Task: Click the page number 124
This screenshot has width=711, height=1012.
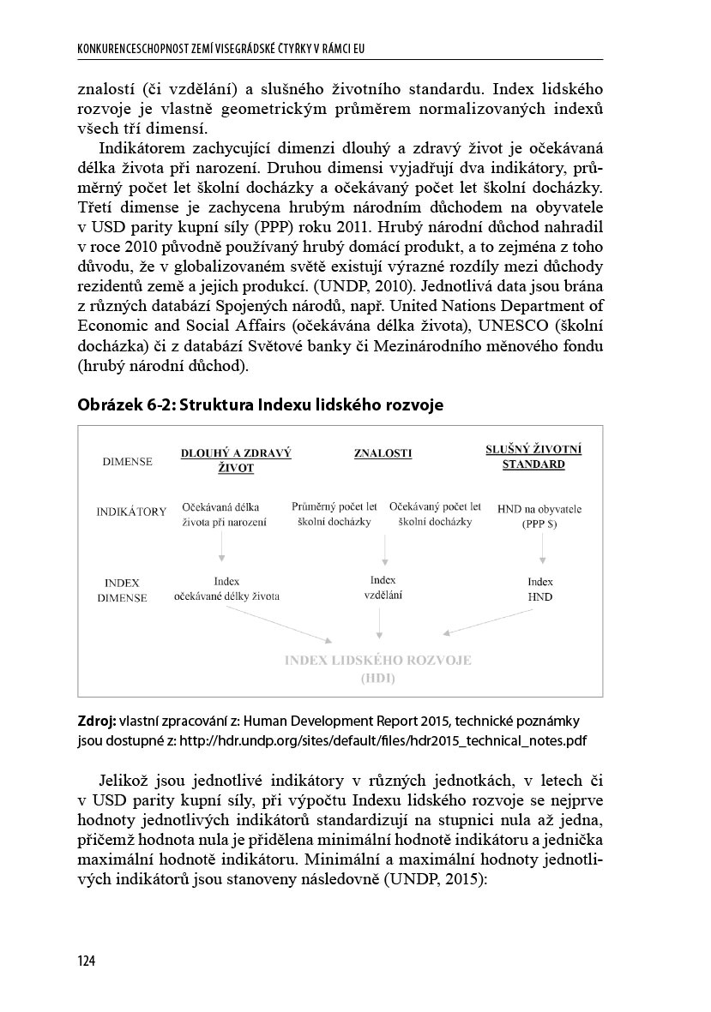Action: pyautogui.click(x=85, y=961)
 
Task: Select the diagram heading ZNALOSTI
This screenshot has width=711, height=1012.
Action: pyautogui.click(x=383, y=453)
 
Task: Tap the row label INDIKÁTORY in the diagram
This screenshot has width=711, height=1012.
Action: pyautogui.click(x=131, y=512)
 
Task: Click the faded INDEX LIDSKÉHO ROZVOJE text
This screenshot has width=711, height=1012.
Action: pyautogui.click(x=377, y=661)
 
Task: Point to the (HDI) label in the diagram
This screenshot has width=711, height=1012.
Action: pyautogui.click(x=377, y=679)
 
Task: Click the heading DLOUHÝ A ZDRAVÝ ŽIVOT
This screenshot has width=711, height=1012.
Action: pyautogui.click(x=236, y=460)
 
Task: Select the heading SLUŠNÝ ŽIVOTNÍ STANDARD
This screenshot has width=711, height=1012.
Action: pyautogui.click(x=533, y=457)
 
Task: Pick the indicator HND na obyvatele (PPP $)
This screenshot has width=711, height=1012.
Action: pyautogui.click(x=539, y=516)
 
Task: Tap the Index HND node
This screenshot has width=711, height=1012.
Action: pyautogui.click(x=540, y=589)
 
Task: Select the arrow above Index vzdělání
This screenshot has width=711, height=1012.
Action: pyautogui.click(x=385, y=548)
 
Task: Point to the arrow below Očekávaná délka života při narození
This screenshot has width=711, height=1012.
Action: pyautogui.click(x=222, y=546)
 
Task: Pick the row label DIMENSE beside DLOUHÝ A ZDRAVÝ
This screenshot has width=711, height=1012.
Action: pyautogui.click(x=127, y=462)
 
